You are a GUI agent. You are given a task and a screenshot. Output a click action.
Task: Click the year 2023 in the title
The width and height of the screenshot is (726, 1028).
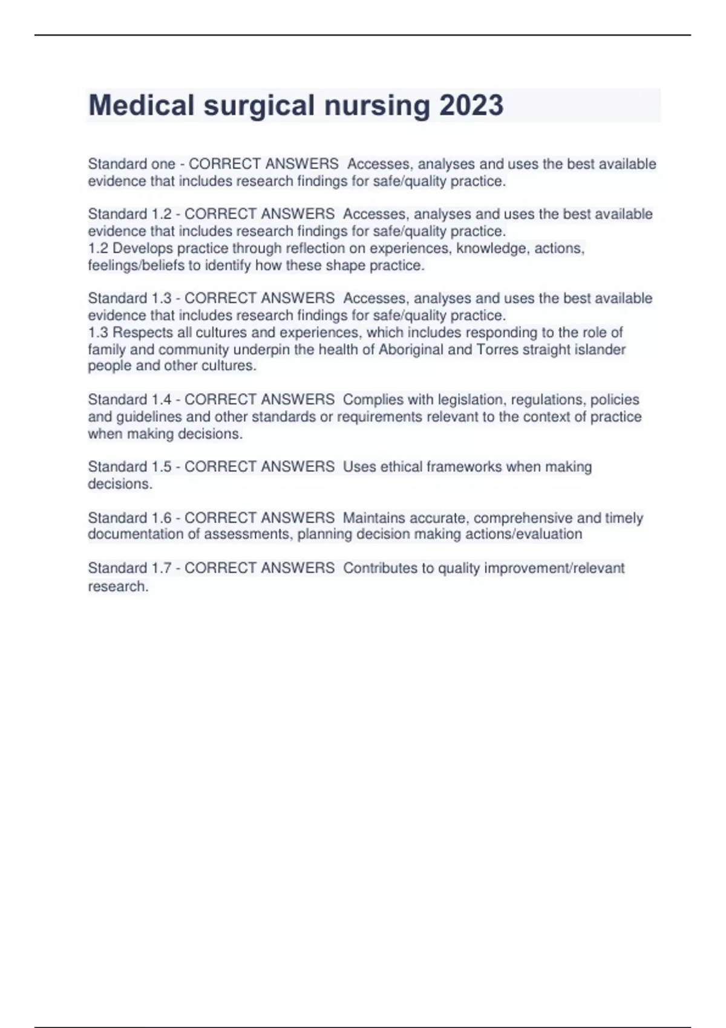pyautogui.click(x=471, y=105)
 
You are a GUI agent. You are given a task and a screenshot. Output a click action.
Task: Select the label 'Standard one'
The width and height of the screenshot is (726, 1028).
pyautogui.click(x=131, y=164)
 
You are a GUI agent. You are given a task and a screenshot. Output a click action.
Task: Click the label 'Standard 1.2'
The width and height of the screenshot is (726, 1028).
pyautogui.click(x=129, y=214)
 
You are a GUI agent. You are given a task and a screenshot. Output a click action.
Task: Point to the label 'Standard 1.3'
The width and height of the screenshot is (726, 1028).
pyautogui.click(x=129, y=298)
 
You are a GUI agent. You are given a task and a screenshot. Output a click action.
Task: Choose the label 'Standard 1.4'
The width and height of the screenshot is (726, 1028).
pyautogui.click(x=129, y=400)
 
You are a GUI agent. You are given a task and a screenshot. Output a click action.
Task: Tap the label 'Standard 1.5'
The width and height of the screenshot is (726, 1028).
pyautogui.click(x=129, y=467)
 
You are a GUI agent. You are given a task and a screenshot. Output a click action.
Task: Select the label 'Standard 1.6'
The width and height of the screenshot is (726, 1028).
pyautogui.click(x=129, y=518)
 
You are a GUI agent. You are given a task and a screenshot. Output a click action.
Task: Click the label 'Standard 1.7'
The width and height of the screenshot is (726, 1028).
pyautogui.click(x=129, y=568)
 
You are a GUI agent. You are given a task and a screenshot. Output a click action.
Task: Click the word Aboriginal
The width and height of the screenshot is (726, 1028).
pyautogui.click(x=410, y=350)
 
